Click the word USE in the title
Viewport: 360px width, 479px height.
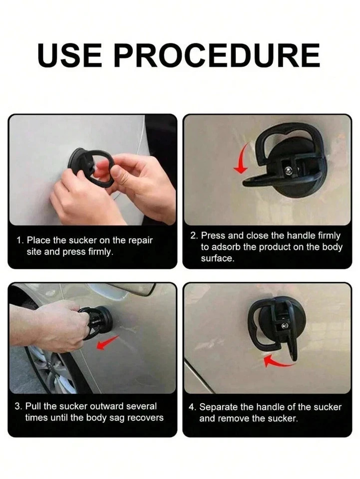70,55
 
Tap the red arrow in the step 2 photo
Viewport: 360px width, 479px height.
243,158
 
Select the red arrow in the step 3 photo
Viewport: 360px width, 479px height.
107,342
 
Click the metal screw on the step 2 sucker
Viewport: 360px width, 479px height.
288,171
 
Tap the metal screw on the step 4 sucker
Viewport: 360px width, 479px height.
285,326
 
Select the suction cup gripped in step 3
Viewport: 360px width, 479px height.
97,323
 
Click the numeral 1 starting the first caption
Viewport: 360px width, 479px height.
19,240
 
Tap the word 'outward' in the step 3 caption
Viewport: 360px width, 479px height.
107,406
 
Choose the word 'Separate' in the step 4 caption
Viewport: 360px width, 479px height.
219,407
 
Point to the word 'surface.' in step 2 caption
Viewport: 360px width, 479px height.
218,258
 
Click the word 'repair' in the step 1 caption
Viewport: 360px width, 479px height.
140,240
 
